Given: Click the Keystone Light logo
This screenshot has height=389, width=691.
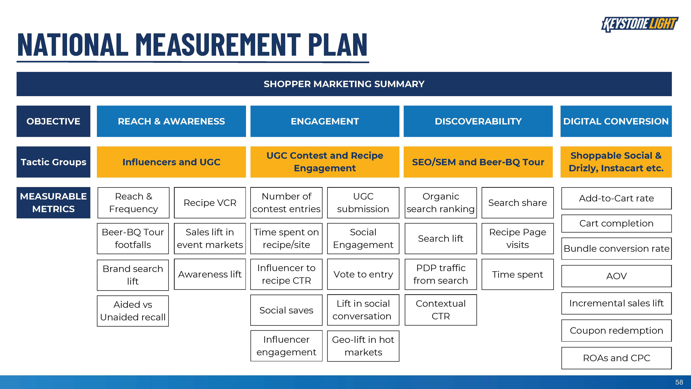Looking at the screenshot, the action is [x=640, y=24].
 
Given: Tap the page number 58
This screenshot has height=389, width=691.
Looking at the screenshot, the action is [x=679, y=382].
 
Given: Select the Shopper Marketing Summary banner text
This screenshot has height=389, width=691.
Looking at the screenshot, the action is [x=344, y=84].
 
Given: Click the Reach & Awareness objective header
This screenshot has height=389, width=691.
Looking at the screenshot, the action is [x=171, y=121].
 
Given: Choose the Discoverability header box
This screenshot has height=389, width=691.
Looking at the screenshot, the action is [x=478, y=121].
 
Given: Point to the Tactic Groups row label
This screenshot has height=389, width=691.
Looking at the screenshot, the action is [x=53, y=162].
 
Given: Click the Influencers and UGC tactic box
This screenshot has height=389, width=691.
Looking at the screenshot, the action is [x=171, y=162].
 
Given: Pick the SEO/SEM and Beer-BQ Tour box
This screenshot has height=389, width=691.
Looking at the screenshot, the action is [x=478, y=162].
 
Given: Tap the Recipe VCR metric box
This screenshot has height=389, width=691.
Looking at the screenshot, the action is [x=210, y=203].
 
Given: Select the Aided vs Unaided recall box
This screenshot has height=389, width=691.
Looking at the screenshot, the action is [x=133, y=311].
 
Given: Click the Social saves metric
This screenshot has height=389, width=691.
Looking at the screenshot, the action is [x=286, y=310].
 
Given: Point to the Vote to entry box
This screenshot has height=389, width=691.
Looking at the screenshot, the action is [x=363, y=274].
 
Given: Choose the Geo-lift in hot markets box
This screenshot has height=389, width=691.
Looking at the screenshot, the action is [x=363, y=346].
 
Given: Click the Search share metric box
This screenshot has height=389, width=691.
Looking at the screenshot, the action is [x=518, y=203].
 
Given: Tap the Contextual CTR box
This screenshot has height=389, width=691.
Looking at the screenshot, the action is [x=441, y=310].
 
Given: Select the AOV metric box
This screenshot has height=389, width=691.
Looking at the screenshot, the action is [x=617, y=276].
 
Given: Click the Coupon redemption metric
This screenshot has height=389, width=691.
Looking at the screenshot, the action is [x=617, y=330].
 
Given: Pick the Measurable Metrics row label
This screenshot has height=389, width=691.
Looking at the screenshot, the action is [x=53, y=203].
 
